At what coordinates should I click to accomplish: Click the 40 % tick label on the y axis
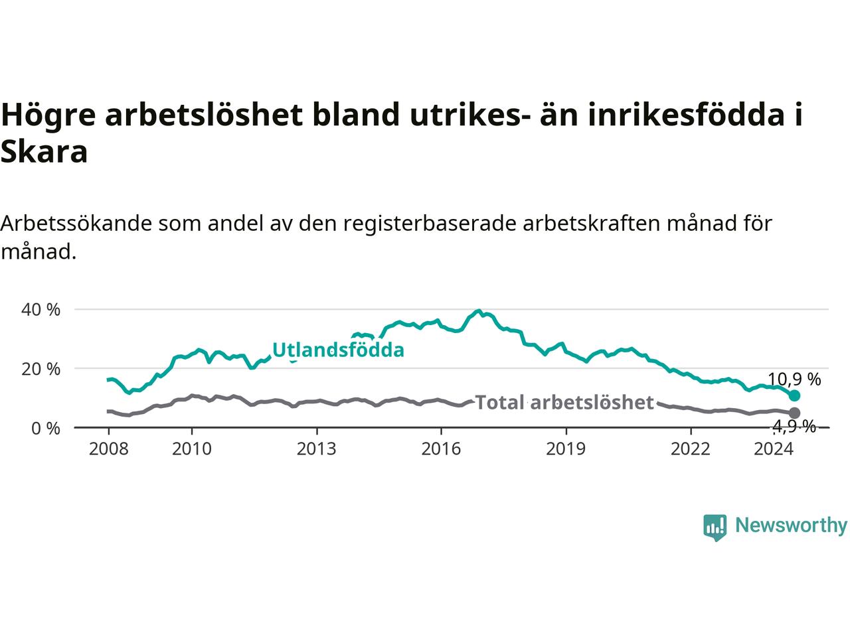[x=41, y=310]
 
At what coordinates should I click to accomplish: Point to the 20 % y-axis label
[x=41, y=369]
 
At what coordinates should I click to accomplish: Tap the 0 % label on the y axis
[x=46, y=429]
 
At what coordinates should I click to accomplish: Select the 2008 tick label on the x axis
[x=108, y=449]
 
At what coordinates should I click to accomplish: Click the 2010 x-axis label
[x=192, y=449]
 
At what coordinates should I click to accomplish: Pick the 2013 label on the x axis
[x=316, y=449]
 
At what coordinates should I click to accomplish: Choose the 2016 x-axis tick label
[x=441, y=449]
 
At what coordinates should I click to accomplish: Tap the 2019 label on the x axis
[x=566, y=449]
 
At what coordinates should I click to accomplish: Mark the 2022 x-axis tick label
[x=691, y=449]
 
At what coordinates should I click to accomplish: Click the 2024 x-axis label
[x=774, y=449]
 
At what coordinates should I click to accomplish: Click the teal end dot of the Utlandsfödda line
[x=794, y=395]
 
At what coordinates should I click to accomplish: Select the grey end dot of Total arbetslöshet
[x=794, y=413]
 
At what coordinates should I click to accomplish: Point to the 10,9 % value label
[x=794, y=380]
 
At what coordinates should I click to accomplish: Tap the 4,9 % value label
[x=794, y=427]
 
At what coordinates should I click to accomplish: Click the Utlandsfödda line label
[x=338, y=350]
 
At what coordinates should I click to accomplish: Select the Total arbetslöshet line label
[x=564, y=403]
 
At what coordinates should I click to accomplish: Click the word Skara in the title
[x=44, y=152]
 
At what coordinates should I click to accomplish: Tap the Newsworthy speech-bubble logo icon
[x=715, y=528]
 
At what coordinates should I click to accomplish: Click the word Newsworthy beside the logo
[x=791, y=526]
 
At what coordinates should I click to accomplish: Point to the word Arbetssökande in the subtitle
[x=76, y=224]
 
